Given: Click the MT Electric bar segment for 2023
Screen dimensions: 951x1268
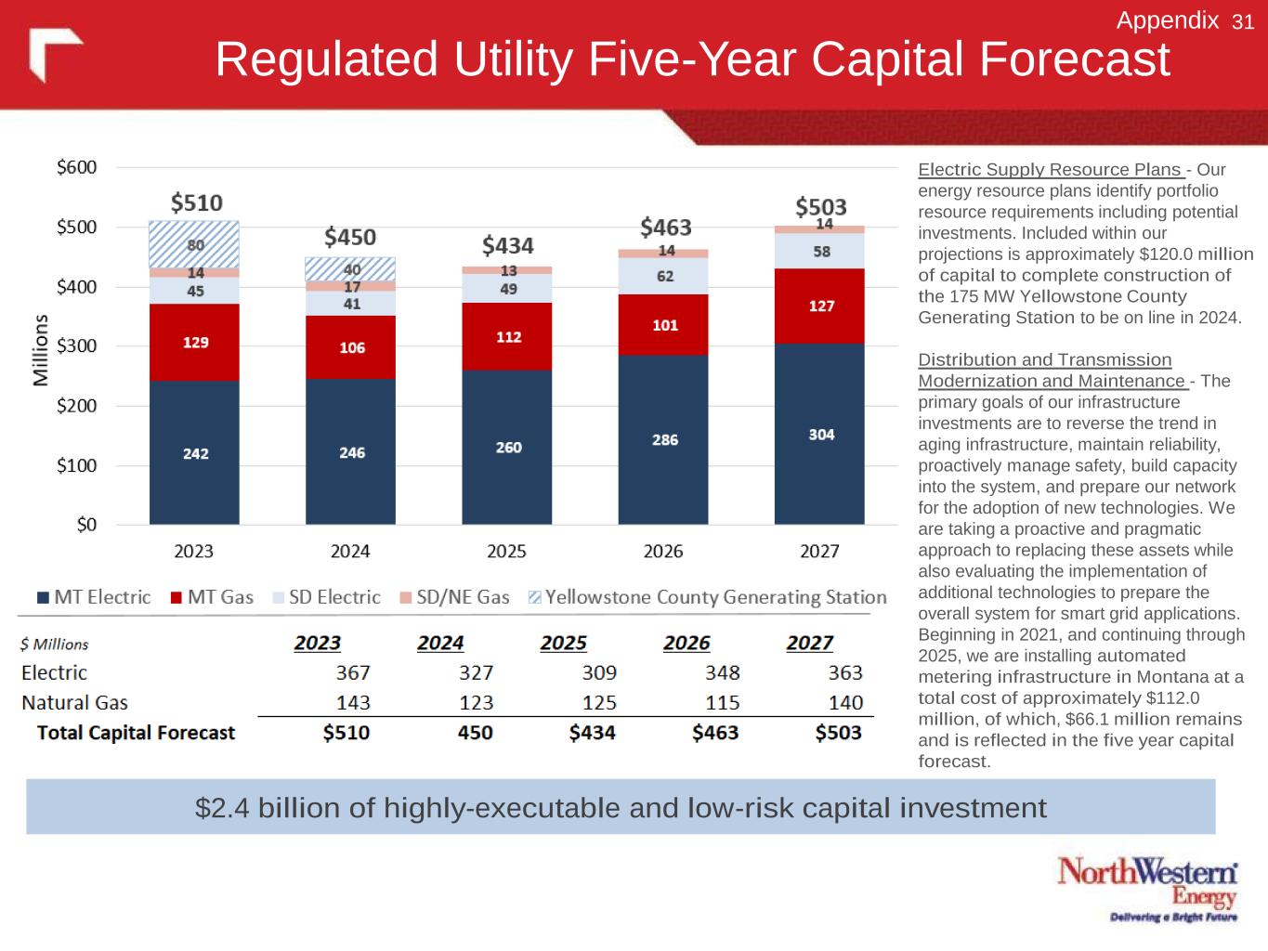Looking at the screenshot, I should [194, 452].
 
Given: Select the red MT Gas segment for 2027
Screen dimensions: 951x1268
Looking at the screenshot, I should [819, 306].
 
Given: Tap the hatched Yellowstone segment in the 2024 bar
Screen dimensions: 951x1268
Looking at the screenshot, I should [350, 268].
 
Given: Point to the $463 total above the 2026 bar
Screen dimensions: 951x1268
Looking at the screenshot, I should [666, 228].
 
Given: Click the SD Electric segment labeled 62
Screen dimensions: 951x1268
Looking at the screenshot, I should [664, 276].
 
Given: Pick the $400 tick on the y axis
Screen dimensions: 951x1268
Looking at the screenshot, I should [76, 287].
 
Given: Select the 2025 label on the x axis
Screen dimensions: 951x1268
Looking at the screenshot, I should [506, 552].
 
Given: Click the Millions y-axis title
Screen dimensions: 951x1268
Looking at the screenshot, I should [40, 350].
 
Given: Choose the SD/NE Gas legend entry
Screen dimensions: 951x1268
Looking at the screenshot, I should [455, 597].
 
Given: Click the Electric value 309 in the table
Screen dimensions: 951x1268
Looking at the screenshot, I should [599, 672].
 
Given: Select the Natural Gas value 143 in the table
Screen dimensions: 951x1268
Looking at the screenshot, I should [353, 703].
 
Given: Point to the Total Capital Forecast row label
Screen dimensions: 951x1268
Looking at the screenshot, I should [136, 733].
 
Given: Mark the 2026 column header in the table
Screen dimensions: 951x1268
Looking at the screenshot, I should [686, 643].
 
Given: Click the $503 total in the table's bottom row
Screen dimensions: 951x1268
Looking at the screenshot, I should [838, 733].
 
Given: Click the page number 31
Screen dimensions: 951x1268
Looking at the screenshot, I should [1243, 22].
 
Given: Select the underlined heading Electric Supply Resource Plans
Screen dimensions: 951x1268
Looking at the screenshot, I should [1050, 170].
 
